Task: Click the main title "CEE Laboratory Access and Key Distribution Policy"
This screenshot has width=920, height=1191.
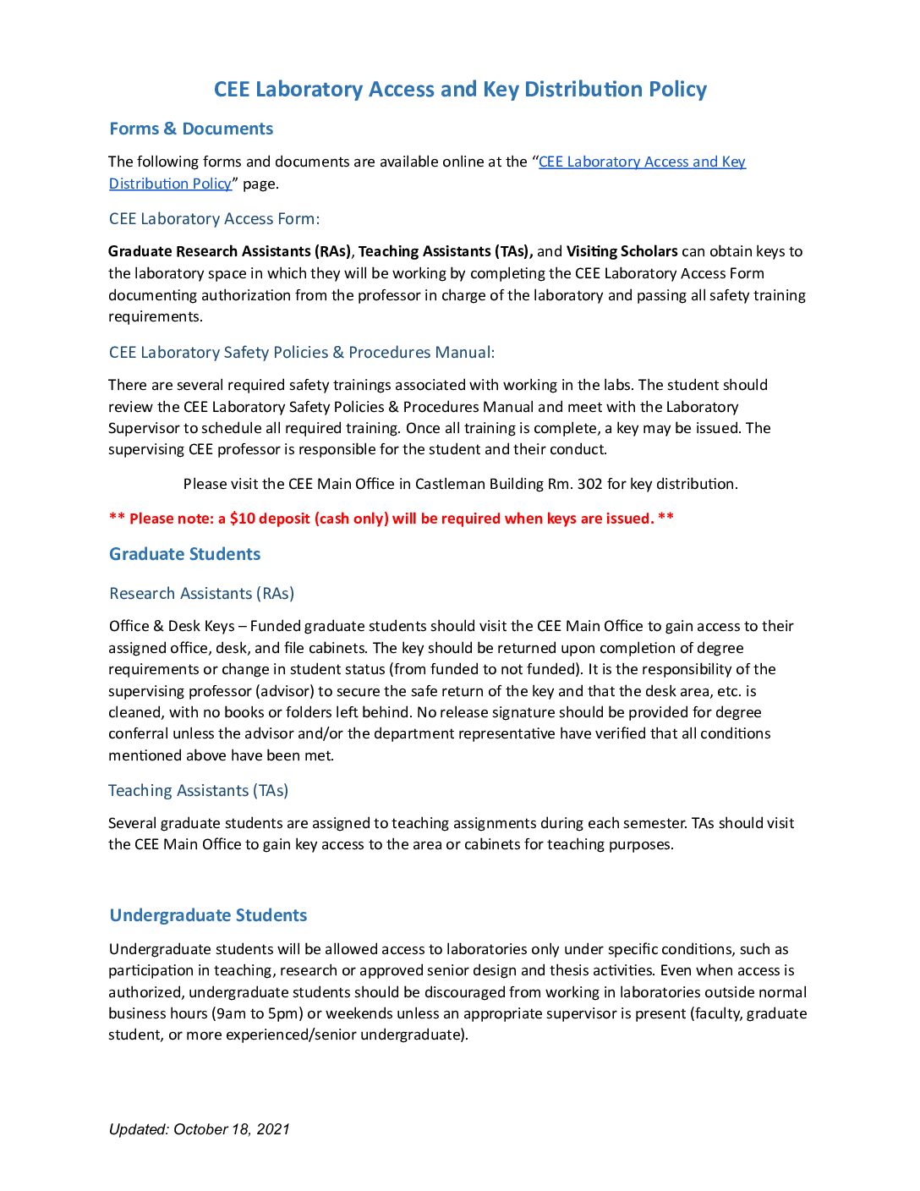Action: click(460, 90)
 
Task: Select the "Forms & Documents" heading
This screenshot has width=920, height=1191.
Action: click(191, 129)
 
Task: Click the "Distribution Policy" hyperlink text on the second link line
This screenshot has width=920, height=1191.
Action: click(170, 184)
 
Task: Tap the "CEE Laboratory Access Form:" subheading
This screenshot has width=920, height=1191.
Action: click(214, 218)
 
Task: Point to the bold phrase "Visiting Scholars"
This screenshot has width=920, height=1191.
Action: click(622, 251)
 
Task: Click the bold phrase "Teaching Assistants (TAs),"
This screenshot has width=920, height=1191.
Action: click(446, 251)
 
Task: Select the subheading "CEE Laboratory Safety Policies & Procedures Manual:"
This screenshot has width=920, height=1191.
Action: click(302, 352)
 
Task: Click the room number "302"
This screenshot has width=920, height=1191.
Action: click(589, 484)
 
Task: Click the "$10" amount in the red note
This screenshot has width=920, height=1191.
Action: click(242, 519)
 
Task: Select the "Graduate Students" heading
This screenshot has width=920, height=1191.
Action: click(184, 554)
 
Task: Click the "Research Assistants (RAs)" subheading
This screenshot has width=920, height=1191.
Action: click(201, 593)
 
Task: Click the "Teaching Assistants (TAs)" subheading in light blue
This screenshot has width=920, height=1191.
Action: click(198, 790)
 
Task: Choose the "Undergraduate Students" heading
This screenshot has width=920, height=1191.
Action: click(208, 915)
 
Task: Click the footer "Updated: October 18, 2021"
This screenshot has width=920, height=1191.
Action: click(199, 1129)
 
